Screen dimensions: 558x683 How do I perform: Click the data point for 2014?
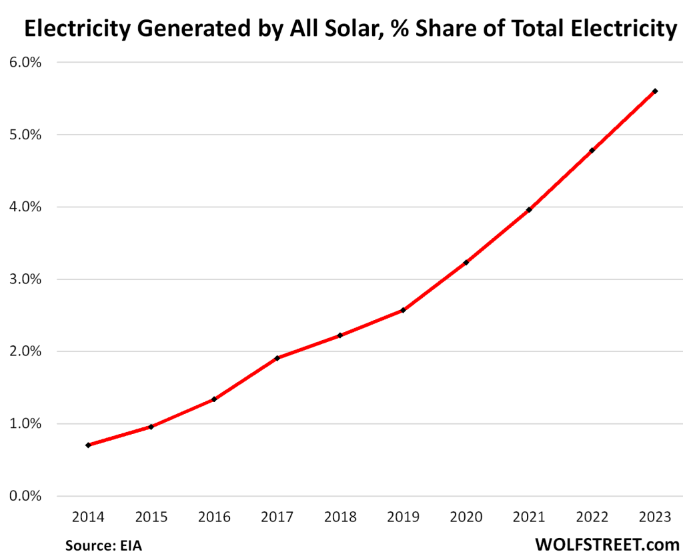click(x=88, y=445)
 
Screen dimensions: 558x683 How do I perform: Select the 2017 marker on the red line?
click(x=277, y=358)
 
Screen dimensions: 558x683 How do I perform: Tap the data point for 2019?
click(x=403, y=310)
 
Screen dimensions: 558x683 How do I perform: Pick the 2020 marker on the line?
click(x=466, y=263)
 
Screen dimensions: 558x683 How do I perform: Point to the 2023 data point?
click(x=655, y=91)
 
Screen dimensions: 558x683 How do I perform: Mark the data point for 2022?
click(x=592, y=150)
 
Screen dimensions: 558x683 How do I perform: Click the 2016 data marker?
click(x=214, y=399)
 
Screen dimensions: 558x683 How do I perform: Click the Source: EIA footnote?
click(x=103, y=545)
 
